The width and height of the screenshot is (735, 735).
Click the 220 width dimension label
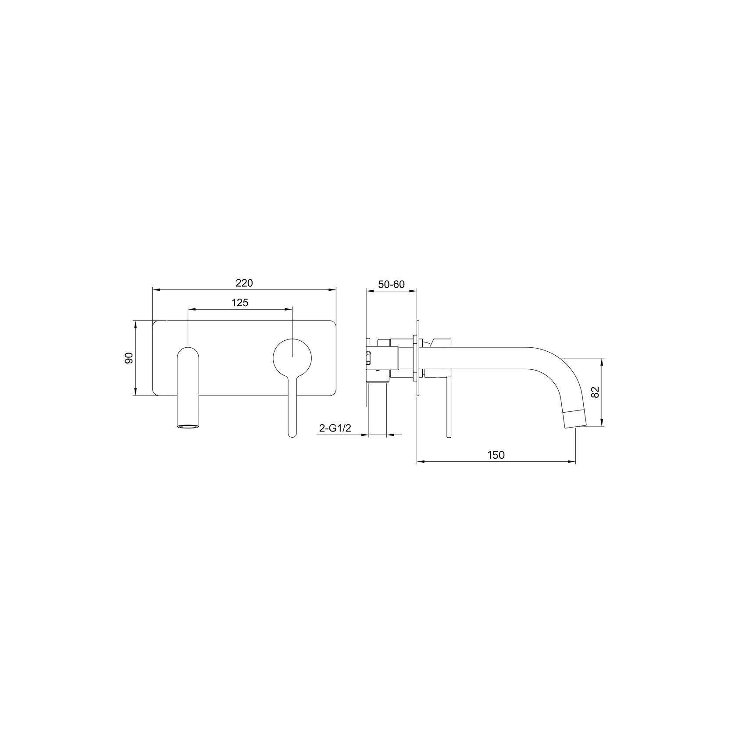click(244, 283)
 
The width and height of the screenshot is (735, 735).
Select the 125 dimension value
click(240, 303)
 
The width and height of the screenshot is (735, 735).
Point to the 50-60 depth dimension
click(391, 284)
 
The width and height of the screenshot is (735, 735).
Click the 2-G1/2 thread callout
click(335, 428)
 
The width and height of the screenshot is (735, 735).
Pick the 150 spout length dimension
click(496, 455)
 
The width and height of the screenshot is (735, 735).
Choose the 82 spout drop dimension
click(595, 392)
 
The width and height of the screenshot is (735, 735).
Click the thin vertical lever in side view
click(448, 408)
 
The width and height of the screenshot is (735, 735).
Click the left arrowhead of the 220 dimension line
click(154, 289)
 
